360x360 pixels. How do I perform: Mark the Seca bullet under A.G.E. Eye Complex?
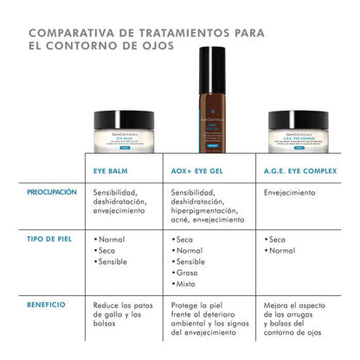pyautogui.click(x=278, y=238)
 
